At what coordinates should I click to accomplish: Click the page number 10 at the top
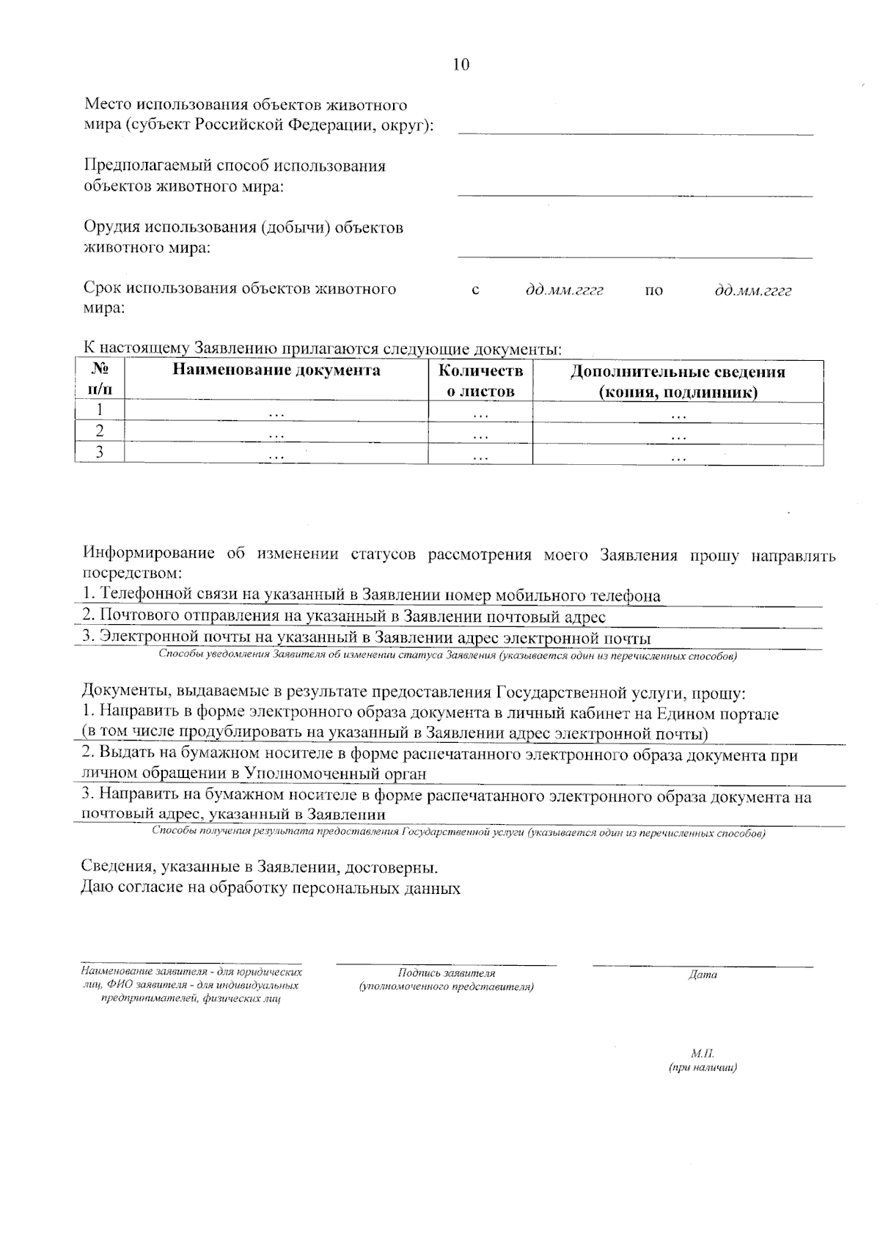click(x=461, y=65)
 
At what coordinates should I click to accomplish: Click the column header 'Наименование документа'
click(x=276, y=370)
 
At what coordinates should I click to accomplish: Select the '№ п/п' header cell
click(x=100, y=380)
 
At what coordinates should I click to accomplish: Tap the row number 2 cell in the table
click(x=100, y=431)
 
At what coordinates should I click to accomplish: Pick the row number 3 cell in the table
click(x=100, y=452)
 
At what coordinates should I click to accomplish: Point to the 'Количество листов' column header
click(x=480, y=381)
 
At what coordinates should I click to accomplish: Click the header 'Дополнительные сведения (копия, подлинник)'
click(x=678, y=381)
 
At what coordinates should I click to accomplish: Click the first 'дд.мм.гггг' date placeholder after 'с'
click(x=564, y=290)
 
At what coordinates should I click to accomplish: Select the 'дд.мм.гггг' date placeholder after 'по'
click(x=753, y=290)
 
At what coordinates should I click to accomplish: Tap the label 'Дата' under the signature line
click(x=703, y=975)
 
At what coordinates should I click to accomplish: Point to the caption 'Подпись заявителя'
click(x=446, y=973)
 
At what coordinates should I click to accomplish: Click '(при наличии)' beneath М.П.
click(x=703, y=1068)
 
